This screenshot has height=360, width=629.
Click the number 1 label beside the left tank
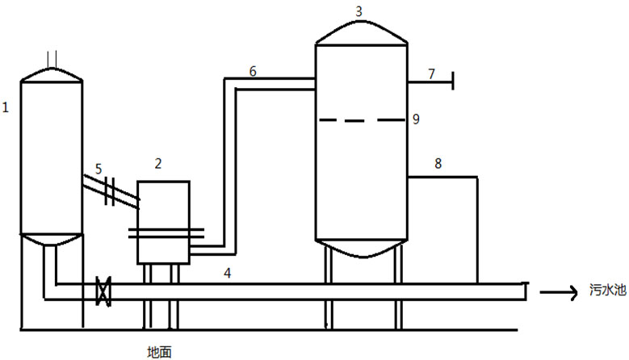click(x=6, y=107)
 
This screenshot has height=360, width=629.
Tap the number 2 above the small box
click(x=158, y=164)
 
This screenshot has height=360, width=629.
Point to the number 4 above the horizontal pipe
click(x=228, y=274)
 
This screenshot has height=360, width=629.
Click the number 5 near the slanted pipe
click(x=99, y=170)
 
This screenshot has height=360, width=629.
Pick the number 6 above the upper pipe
click(x=253, y=71)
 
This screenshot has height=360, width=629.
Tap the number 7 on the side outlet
click(x=431, y=73)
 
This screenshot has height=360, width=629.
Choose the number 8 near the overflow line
click(x=438, y=164)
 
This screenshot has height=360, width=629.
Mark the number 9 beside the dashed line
click(x=415, y=119)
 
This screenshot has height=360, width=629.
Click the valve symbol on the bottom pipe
click(x=103, y=291)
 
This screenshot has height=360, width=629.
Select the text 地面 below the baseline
click(x=158, y=351)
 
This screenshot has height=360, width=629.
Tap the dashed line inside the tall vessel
click(x=360, y=121)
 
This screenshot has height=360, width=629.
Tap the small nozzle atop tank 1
click(x=52, y=59)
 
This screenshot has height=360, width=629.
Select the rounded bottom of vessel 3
click(x=360, y=248)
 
